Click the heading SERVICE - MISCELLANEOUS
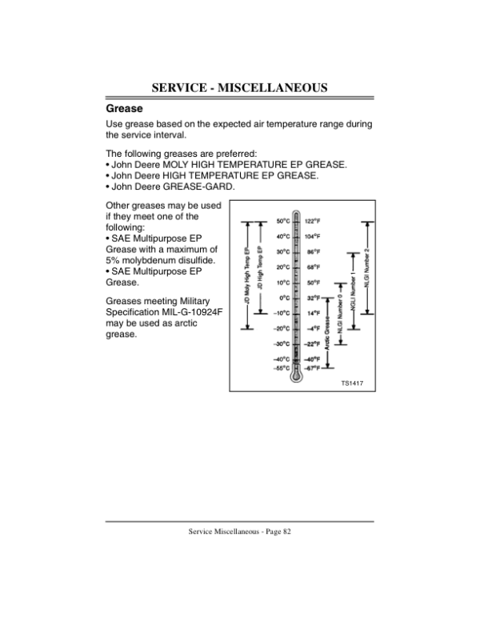click(239, 87)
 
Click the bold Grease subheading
click(124, 109)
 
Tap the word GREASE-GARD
click(199, 186)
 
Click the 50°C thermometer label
click(283, 221)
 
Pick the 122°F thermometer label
click(313, 221)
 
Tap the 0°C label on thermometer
click(285, 298)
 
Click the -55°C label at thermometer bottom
click(282, 368)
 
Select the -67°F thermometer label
click(312, 368)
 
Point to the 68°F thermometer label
click(314, 267)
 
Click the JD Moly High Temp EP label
click(247, 276)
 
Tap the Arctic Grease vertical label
click(327, 333)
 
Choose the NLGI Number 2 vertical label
click(367, 268)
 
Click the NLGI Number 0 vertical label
click(340, 314)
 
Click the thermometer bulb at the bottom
click(295, 375)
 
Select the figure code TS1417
click(352, 383)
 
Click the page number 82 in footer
click(287, 531)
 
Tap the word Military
click(194, 302)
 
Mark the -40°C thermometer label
click(282, 359)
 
